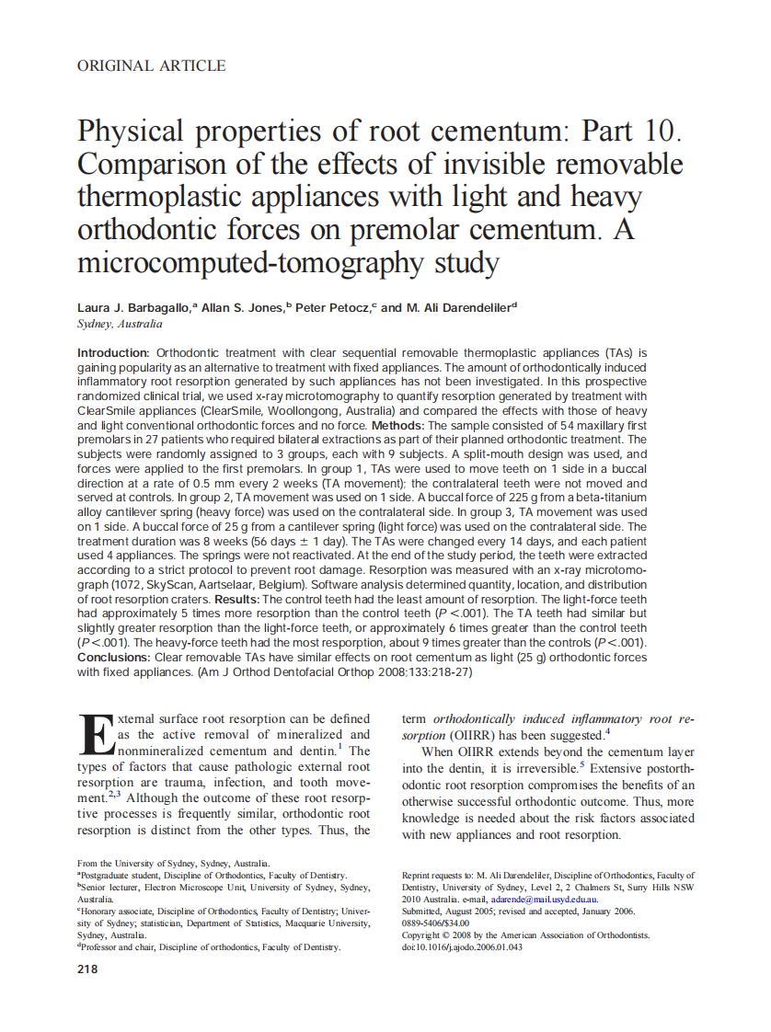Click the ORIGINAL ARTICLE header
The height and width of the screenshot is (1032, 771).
pyautogui.click(x=151, y=65)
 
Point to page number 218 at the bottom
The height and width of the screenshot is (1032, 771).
pyautogui.click(x=88, y=969)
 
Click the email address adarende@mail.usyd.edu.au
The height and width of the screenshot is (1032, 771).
pyautogui.click(x=545, y=899)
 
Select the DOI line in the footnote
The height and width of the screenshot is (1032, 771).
pyautogui.click(x=462, y=946)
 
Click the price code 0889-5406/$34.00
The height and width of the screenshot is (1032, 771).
pyautogui.click(x=436, y=923)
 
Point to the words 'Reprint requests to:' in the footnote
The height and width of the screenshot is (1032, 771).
pyautogui.click(x=438, y=875)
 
